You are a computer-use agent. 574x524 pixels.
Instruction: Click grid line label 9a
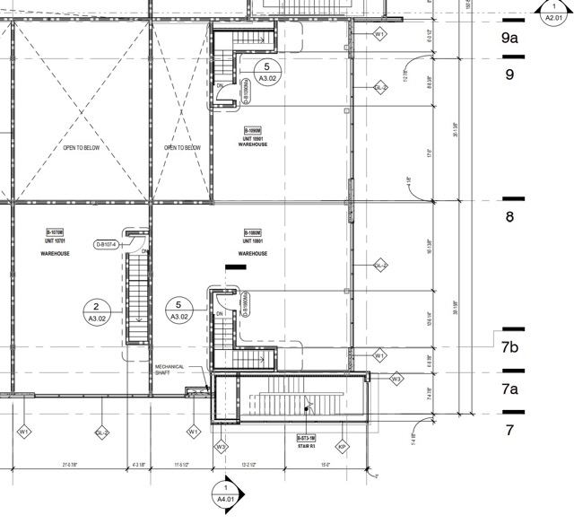tap(510, 38)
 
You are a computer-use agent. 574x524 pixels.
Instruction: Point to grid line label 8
tap(509, 216)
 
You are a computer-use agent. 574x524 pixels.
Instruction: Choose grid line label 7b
tap(511, 346)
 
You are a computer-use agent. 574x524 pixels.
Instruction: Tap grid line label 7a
tap(510, 389)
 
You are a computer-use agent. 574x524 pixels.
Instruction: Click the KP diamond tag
tap(342, 446)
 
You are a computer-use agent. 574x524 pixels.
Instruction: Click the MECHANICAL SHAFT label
tap(170, 370)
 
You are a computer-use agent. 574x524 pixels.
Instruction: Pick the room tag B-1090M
tap(254, 131)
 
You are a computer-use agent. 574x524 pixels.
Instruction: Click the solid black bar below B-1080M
tap(236, 266)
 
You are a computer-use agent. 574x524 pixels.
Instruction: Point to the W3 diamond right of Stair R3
tap(396, 380)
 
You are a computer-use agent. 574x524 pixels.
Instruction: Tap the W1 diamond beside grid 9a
tap(380, 33)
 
